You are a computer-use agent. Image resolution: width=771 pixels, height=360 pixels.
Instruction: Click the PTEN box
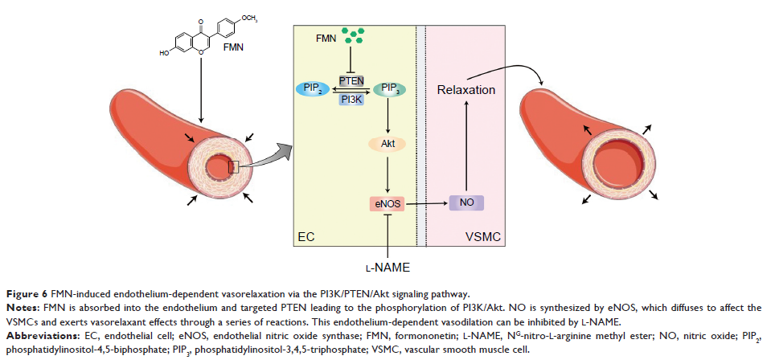[351, 80]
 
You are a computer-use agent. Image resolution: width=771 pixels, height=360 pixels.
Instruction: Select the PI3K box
[351, 99]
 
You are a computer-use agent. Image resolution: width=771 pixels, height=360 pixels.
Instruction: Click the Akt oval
[388, 145]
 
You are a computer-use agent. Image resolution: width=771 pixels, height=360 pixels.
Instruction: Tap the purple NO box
[466, 204]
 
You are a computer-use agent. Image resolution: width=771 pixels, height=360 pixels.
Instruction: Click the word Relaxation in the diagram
[466, 90]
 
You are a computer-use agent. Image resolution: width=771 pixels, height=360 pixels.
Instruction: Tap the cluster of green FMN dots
[351, 37]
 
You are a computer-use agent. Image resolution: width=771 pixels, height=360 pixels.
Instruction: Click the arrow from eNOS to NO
[426, 204]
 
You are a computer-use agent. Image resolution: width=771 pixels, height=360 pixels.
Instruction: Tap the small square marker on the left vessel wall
[233, 167]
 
